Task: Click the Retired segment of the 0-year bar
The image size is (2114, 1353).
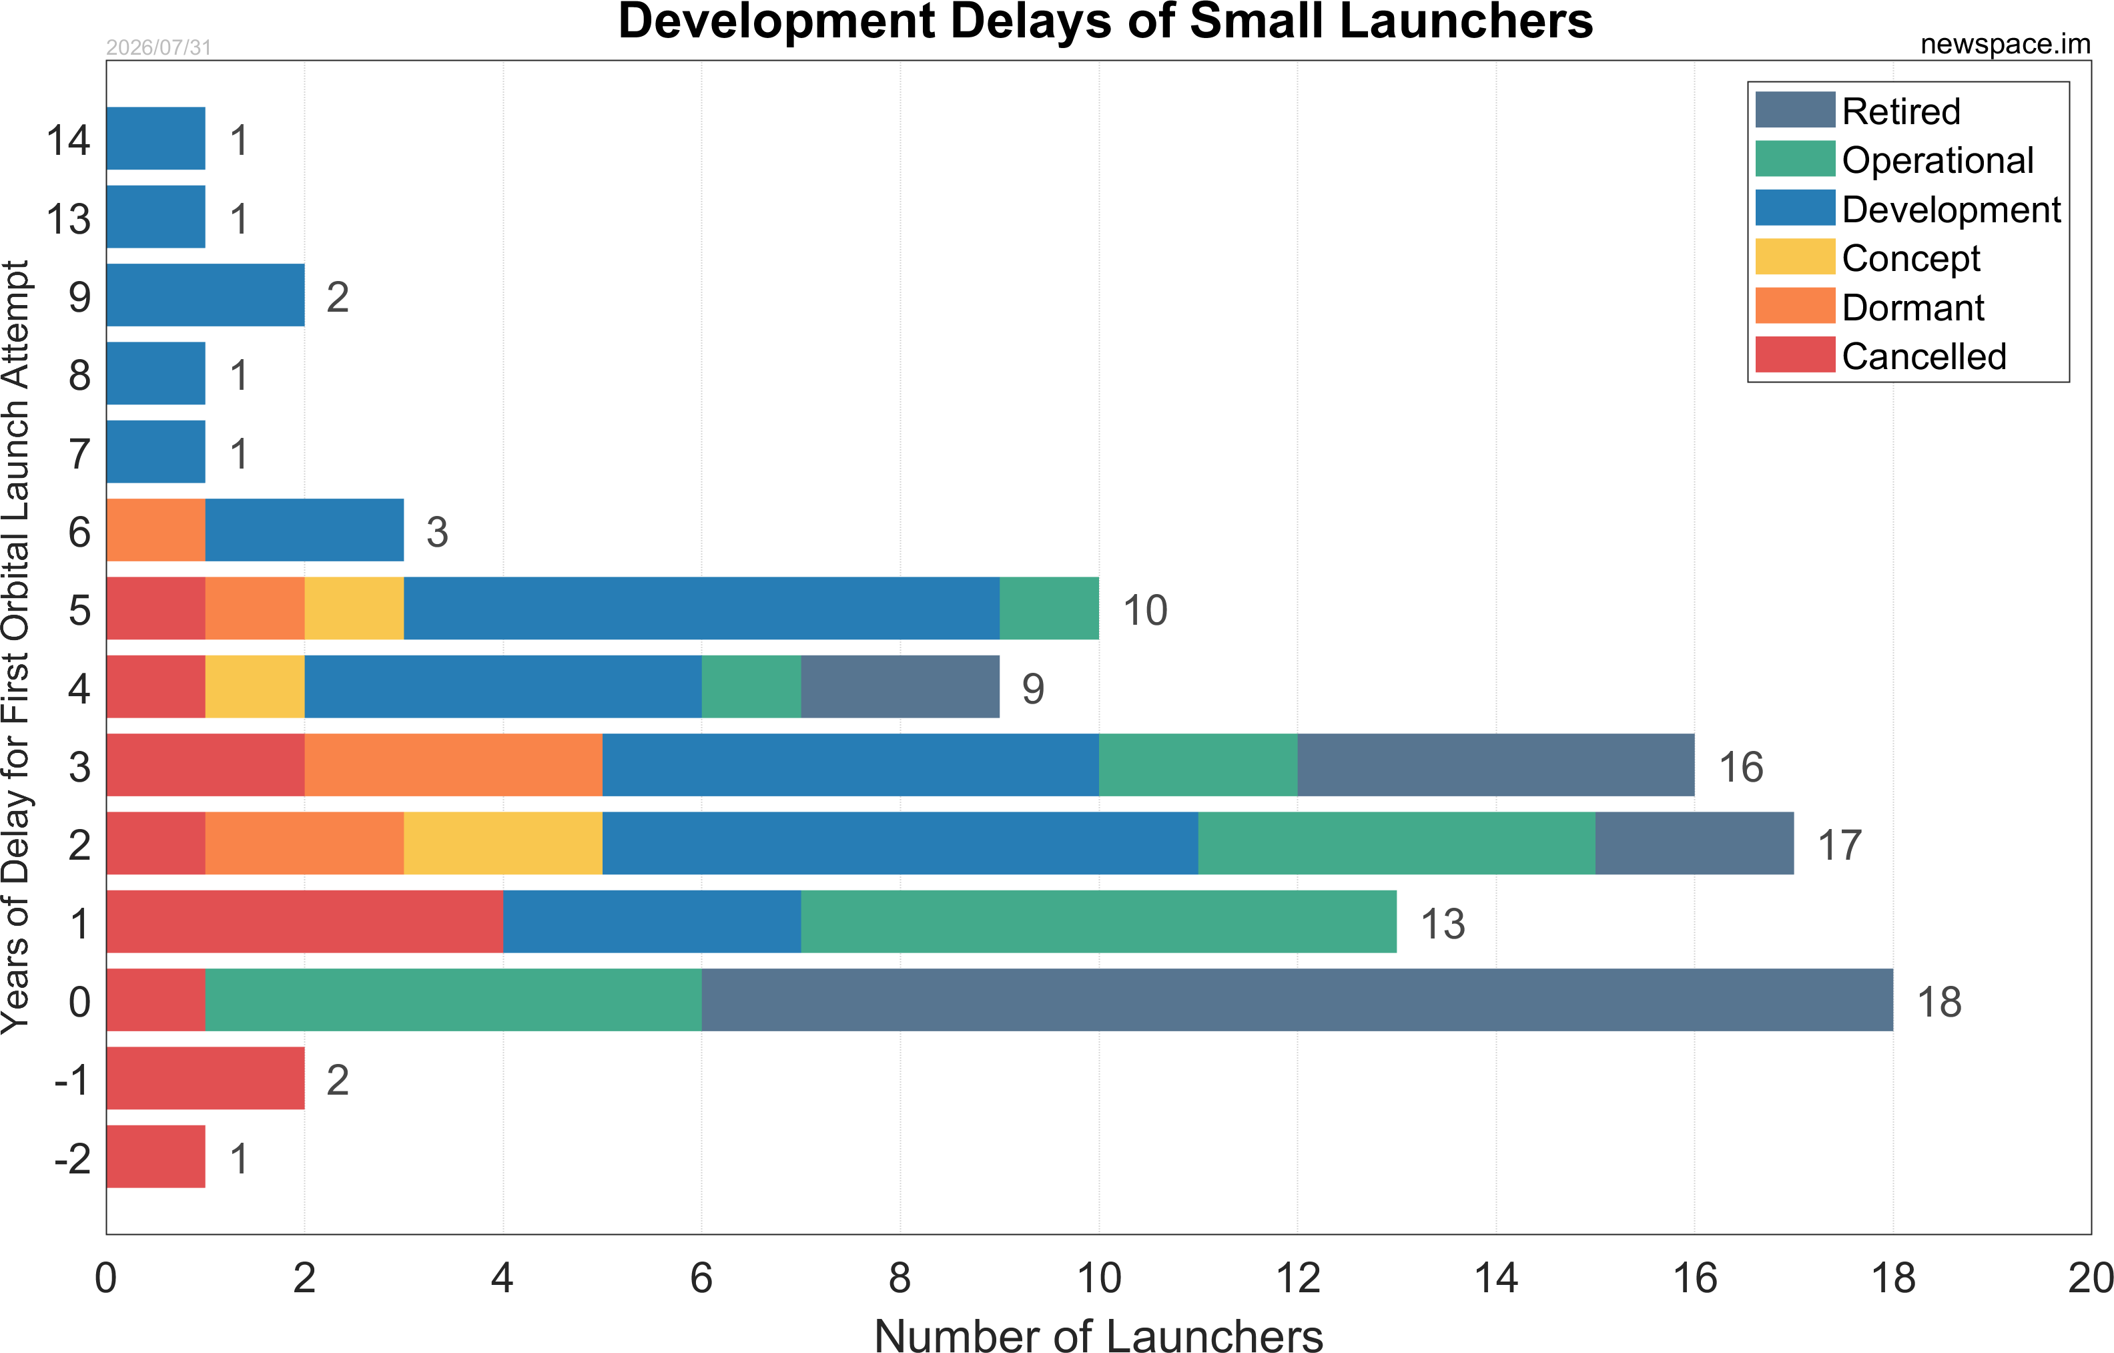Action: click(x=1297, y=1000)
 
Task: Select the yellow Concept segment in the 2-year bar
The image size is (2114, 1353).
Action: click(x=503, y=844)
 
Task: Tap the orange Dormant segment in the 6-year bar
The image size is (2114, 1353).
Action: click(x=155, y=530)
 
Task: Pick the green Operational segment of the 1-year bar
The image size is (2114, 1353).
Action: click(x=1099, y=922)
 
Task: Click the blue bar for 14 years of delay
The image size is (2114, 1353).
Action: click(x=155, y=138)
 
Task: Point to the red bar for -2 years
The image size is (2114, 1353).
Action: click(x=155, y=1156)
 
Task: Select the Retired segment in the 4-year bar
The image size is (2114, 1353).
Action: click(x=900, y=686)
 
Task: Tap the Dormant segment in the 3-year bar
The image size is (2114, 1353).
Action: click(x=453, y=765)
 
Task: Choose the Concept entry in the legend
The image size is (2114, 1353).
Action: click(x=1867, y=258)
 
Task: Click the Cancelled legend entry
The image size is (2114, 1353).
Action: click(x=1880, y=356)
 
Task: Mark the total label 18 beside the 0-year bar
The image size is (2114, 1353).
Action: click(x=1939, y=1002)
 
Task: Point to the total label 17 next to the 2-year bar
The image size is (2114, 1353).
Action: click(x=1840, y=845)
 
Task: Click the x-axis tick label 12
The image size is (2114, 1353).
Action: click(x=1297, y=1278)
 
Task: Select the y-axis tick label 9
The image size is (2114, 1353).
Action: click(x=80, y=297)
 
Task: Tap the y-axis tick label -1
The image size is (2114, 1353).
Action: click(x=72, y=1080)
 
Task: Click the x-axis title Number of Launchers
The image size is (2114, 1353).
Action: click(x=1099, y=1334)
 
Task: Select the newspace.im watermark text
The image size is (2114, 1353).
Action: click(x=2005, y=44)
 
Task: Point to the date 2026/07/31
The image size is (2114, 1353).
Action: click(x=159, y=47)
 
